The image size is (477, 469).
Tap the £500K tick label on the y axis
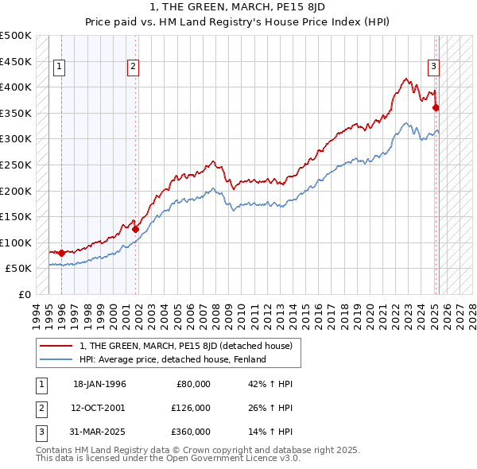point(16,36)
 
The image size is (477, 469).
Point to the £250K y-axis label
point(16,165)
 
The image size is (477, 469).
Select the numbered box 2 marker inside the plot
point(134,67)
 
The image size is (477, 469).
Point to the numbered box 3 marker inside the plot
point(434,67)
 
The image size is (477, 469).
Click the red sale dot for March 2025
point(436,107)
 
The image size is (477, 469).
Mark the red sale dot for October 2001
point(136,229)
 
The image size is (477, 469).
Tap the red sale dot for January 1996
point(62,253)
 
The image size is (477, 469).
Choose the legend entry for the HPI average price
point(172,359)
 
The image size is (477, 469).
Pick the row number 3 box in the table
point(41,432)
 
